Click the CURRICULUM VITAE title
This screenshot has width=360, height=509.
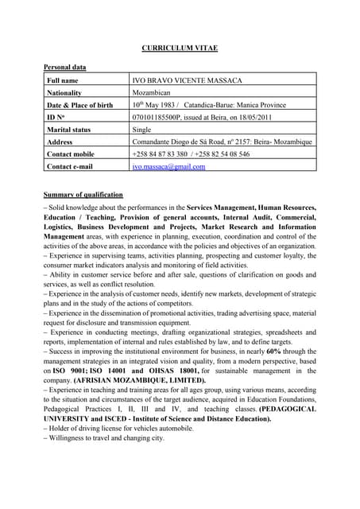point(180,49)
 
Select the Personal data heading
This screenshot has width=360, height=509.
point(64,68)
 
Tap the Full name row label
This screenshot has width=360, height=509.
point(63,80)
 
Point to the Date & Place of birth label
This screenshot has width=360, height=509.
point(80,105)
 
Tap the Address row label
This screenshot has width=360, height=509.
point(60,142)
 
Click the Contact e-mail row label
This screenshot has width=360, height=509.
point(70,166)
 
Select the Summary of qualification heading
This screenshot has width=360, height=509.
point(83,195)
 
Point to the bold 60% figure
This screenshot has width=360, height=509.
point(273,351)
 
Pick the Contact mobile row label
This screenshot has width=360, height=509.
point(71,153)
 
